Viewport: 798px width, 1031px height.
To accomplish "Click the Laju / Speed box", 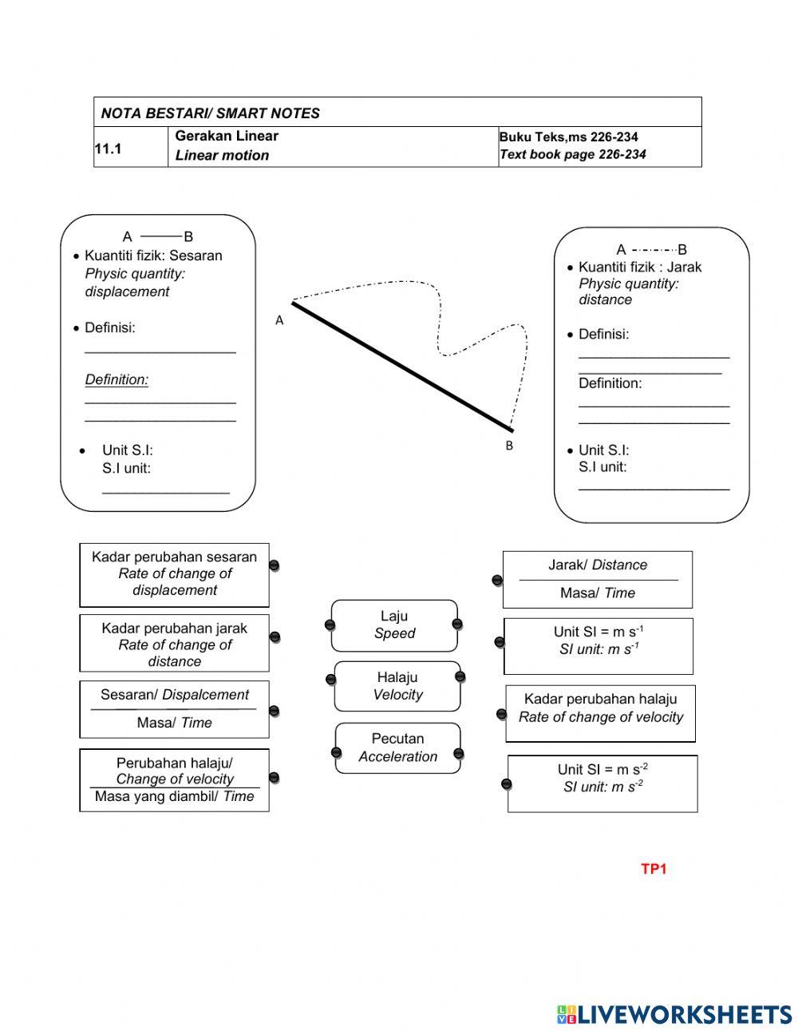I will point(394,625).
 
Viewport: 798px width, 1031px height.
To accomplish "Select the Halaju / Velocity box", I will point(397,686).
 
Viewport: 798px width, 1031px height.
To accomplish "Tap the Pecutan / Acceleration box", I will point(397,747).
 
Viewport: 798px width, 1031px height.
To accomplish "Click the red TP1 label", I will point(653,869).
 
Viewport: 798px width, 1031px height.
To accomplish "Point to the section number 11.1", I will point(108,149).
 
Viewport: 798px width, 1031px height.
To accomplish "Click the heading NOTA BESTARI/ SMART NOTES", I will point(211,113).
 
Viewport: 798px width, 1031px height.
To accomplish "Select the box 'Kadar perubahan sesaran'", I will point(174,574).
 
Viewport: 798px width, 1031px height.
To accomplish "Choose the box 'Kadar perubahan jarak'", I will point(174,644).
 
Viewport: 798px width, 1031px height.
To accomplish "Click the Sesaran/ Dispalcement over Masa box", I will point(174,709).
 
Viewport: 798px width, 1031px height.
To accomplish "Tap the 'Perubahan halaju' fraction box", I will point(174,779).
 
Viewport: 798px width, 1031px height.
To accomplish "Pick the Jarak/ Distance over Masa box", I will point(598,579).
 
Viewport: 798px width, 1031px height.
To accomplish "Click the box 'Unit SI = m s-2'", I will point(602,783).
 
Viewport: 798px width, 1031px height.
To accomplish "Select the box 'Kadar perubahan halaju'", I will point(600,713).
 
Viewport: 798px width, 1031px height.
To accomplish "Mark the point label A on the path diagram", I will point(279,320).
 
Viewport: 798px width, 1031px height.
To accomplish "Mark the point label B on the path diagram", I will point(509,446).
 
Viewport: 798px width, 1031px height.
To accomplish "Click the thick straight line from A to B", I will point(402,366).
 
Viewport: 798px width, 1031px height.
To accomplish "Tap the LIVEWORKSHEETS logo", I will point(674,1014).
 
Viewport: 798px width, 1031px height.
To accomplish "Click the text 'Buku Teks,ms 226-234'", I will point(568,137).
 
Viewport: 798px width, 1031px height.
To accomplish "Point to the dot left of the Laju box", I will point(330,625).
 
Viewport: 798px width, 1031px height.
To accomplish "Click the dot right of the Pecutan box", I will point(458,753).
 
